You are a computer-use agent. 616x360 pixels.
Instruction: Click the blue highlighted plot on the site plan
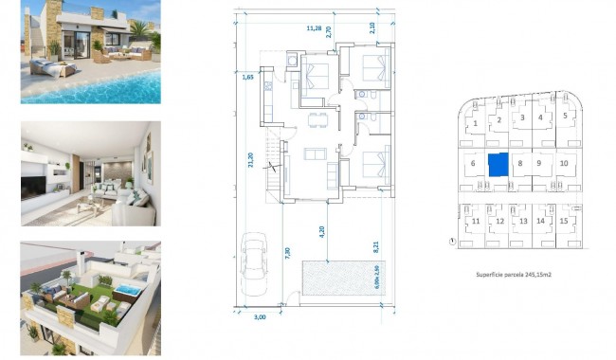pos(498,163)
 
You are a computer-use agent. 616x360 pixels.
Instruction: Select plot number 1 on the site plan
pos(474,123)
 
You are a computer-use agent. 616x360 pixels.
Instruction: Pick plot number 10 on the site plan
pos(564,163)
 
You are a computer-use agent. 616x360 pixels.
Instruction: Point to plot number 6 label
pos(471,163)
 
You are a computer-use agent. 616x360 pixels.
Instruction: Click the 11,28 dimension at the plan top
pos(314,28)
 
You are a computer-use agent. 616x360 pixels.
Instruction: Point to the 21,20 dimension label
pos(250,163)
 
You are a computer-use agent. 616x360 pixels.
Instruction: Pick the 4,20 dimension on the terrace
pos(321,230)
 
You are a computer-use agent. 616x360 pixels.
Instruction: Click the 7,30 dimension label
pos(287,254)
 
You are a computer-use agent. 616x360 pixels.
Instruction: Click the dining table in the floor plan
pos(317,118)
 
